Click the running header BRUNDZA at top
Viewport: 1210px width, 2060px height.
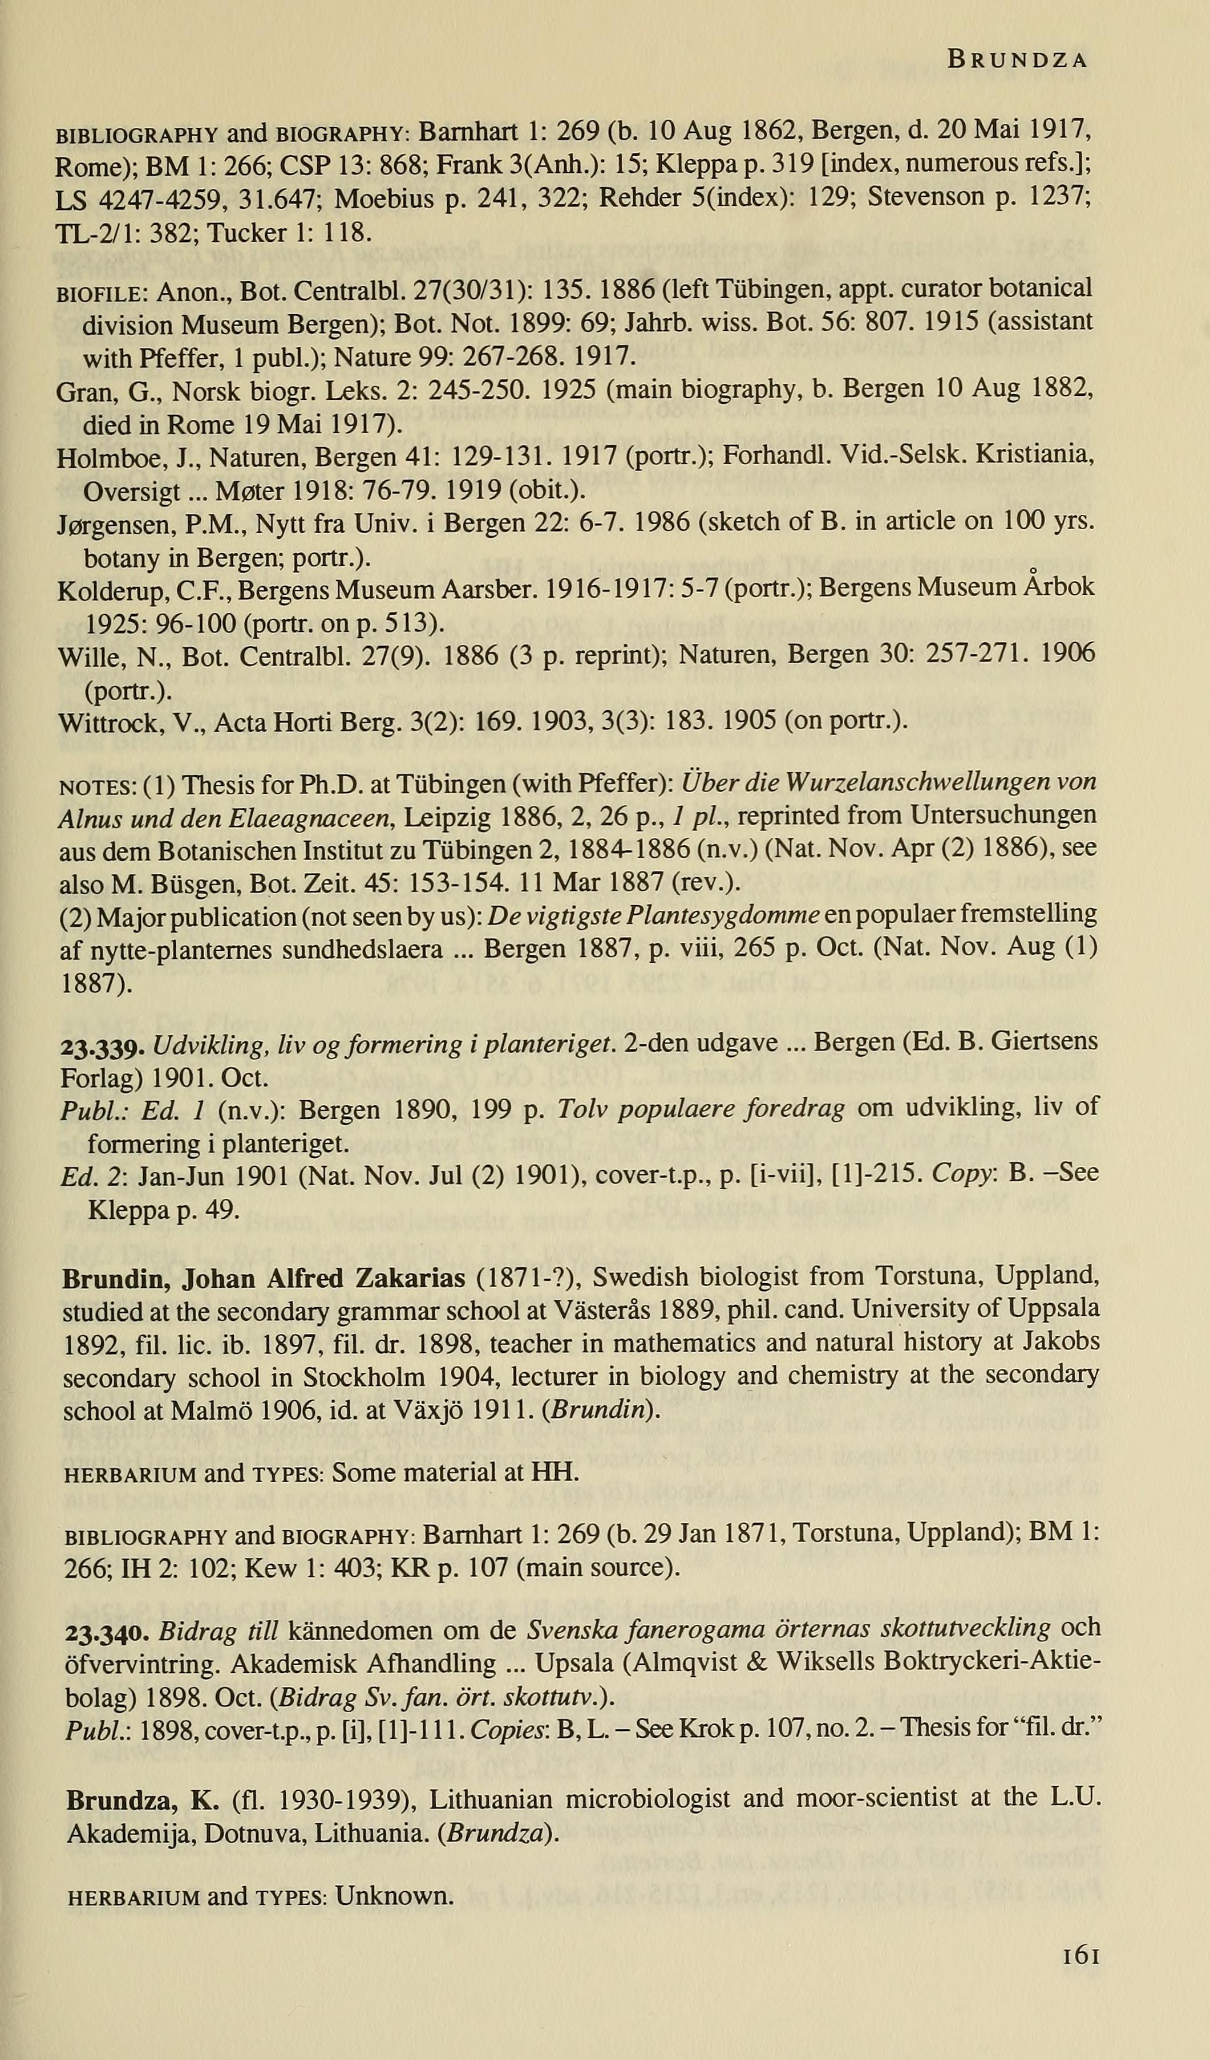(x=1016, y=60)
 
